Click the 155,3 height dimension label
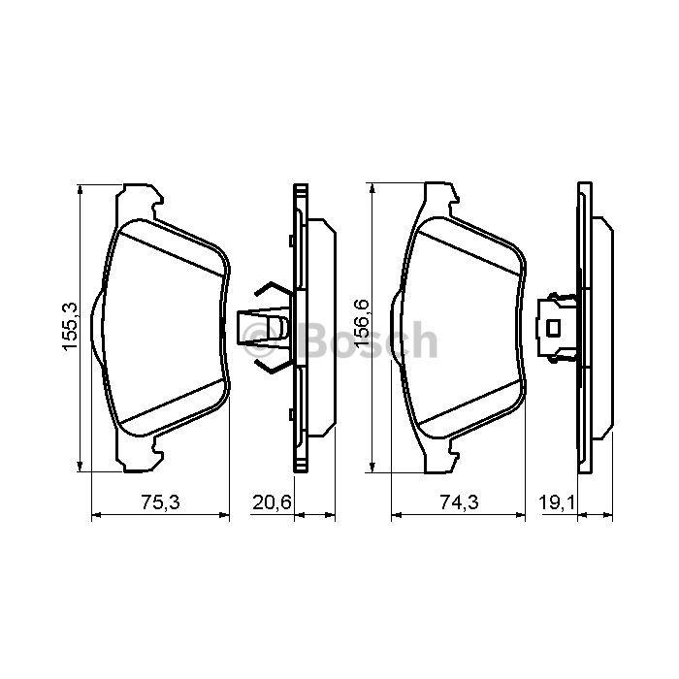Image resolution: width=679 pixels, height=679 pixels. pyautogui.click(x=70, y=326)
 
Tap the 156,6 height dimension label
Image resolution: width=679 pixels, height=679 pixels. pyautogui.click(x=361, y=323)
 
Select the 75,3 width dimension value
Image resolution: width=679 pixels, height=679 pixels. pyautogui.click(x=161, y=502)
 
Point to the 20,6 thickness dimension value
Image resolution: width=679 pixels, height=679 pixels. pyautogui.click(x=272, y=502)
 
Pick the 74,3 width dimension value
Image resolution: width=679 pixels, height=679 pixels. pyautogui.click(x=460, y=502)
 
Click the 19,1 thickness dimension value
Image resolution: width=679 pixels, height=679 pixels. pyautogui.click(x=557, y=502)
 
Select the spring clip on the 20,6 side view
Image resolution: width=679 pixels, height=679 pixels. pyautogui.click(x=265, y=327)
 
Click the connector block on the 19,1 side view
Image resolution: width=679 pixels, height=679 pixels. pyautogui.click(x=557, y=328)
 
